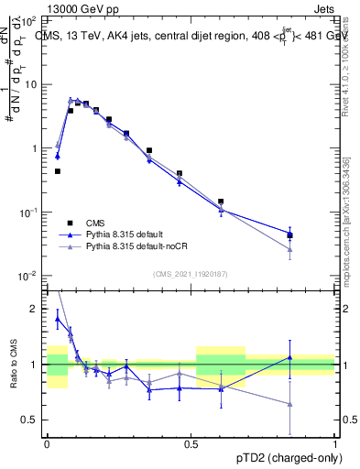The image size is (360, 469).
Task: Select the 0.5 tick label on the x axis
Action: [191, 442]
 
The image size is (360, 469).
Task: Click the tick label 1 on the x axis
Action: [335, 442]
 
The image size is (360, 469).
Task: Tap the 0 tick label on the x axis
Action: [47, 442]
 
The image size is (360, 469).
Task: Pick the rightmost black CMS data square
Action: [289, 235]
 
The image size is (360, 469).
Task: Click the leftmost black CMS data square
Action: [57, 171]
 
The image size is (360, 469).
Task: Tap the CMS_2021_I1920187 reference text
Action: [191, 273]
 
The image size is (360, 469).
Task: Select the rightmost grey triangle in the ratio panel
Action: [289, 404]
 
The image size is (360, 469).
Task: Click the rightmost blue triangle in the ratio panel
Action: [289, 357]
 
